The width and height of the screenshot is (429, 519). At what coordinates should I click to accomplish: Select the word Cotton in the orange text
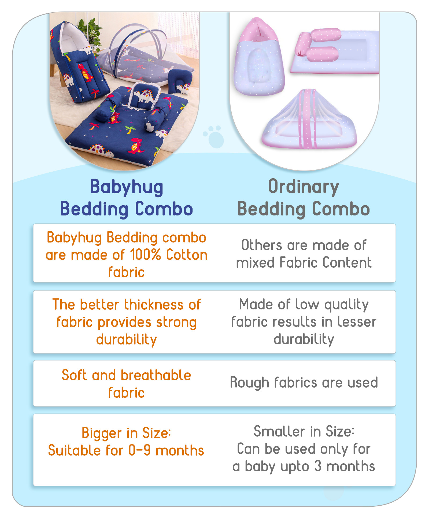(187, 255)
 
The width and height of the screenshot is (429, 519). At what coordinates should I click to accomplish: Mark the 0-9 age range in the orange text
(139, 450)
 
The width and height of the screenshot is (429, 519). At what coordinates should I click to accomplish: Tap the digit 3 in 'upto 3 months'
(318, 466)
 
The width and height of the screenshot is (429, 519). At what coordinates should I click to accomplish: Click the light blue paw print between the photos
(214, 137)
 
